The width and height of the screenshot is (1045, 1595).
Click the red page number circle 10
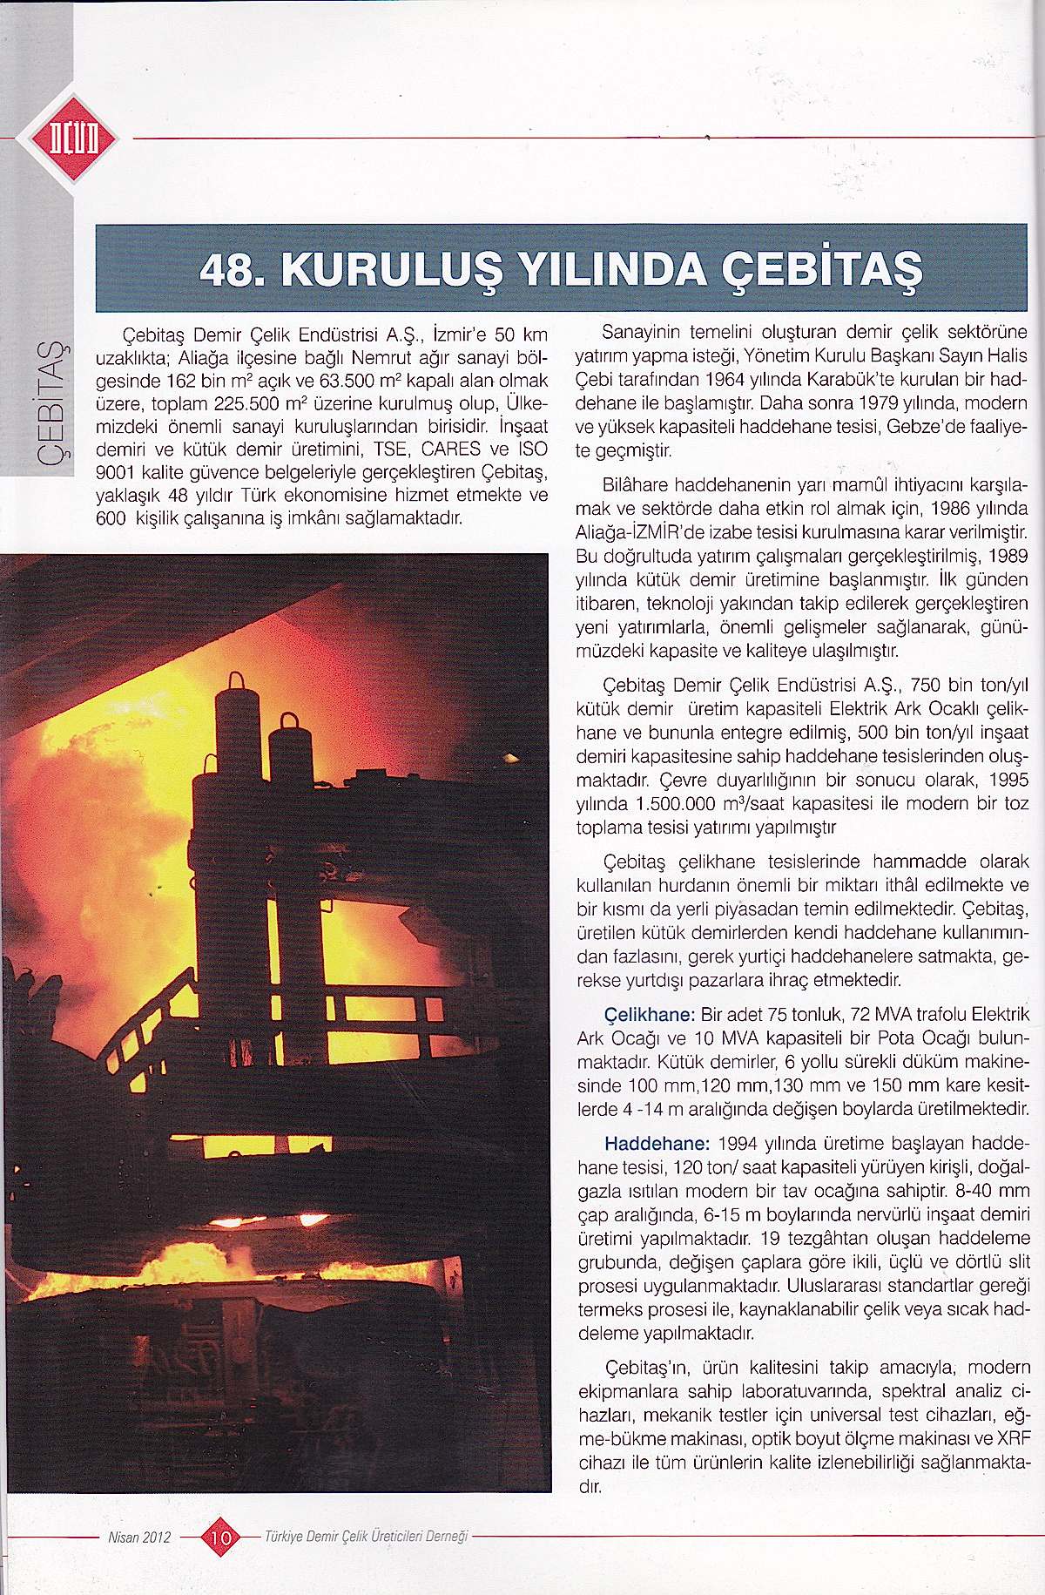(x=220, y=1538)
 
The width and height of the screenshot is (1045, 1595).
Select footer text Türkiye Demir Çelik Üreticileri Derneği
(x=366, y=1538)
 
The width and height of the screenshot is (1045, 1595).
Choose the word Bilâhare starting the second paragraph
(x=636, y=484)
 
